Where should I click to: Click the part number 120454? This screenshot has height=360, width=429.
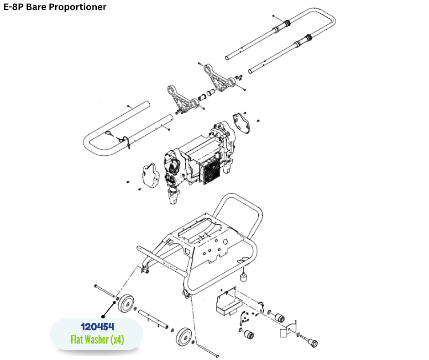[97, 327]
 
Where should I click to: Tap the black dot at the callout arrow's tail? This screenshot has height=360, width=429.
[103, 316]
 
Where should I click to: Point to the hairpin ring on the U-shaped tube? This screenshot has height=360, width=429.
[110, 133]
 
